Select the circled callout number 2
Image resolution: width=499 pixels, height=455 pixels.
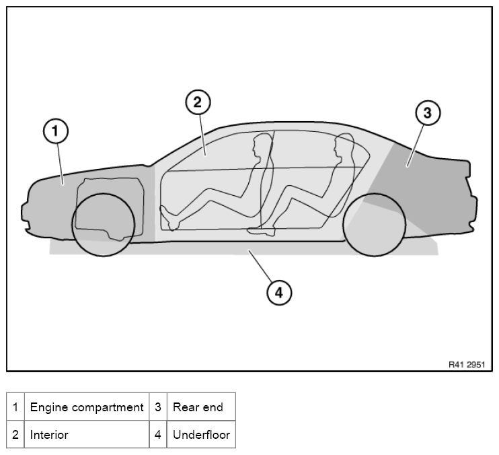coord(198,103)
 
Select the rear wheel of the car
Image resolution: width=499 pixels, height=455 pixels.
coord(374,224)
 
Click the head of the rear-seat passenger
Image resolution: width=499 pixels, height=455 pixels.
coord(344,146)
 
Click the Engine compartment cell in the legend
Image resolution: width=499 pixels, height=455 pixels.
coord(87,407)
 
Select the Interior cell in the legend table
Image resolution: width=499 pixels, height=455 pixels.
coord(87,435)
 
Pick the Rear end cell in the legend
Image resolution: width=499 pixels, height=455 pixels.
coord(200,407)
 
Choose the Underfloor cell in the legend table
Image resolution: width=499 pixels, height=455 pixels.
coord(200,435)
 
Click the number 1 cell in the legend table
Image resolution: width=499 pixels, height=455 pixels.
coord(15,407)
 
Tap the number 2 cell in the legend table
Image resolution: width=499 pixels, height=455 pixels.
coord(15,435)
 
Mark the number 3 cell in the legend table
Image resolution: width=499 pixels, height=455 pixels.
coord(158,407)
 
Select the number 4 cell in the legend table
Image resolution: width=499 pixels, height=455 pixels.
coord(158,435)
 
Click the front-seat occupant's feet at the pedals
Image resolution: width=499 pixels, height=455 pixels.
coord(168,217)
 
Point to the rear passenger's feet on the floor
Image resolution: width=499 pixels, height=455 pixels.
coord(262,231)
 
